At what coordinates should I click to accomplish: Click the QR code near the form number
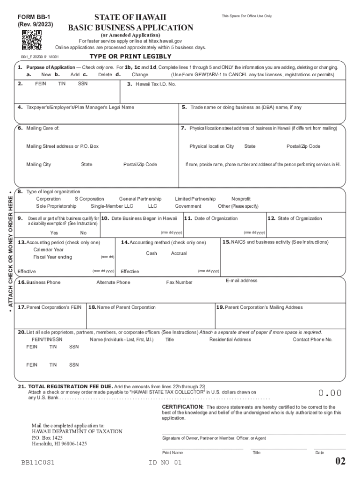click(x=32, y=40)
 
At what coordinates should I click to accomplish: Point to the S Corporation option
click(x=89, y=199)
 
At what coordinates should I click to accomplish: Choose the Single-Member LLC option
click(x=112, y=206)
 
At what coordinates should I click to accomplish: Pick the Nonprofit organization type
click(x=241, y=199)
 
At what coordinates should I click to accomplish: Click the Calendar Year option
click(x=49, y=249)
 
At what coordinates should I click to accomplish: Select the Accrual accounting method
click(x=179, y=253)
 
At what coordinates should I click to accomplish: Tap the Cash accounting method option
click(x=151, y=253)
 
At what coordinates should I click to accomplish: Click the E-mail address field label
click(x=241, y=281)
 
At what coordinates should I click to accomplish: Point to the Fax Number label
click(x=179, y=283)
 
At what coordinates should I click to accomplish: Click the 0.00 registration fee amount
click(x=330, y=393)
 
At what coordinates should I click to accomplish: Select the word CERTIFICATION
click(x=182, y=407)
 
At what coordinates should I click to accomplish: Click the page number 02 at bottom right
click(x=340, y=462)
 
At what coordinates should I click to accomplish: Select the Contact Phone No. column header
click(x=312, y=340)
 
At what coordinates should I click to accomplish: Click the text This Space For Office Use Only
click(x=246, y=16)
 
